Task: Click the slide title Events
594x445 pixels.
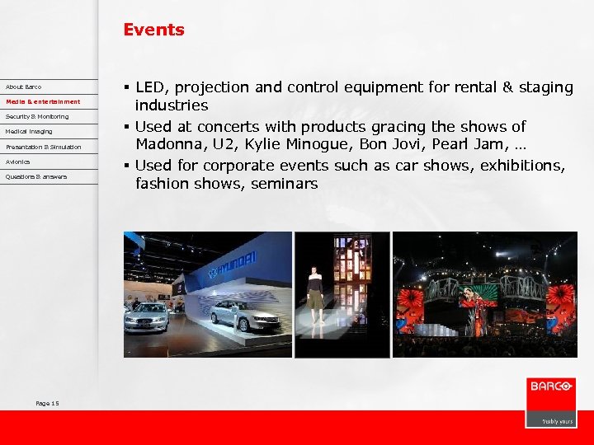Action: point(153,30)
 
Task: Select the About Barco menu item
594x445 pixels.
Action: point(23,87)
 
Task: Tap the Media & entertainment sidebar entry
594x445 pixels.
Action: point(43,101)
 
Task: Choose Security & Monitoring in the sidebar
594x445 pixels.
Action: point(37,116)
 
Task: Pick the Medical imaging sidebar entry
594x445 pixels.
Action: point(29,131)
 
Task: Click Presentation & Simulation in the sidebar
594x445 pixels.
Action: point(43,147)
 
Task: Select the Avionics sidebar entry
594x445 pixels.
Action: point(17,162)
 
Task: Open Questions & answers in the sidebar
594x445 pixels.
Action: point(36,176)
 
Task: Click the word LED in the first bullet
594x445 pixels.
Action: point(150,87)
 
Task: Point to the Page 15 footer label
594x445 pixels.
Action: point(48,403)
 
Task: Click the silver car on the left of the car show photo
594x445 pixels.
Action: point(147,316)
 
